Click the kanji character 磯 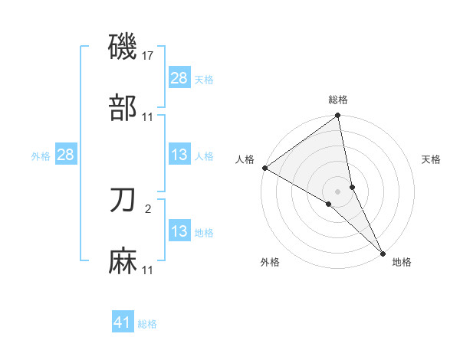coord(123,47)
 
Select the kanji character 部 coord(123,108)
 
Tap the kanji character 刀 coord(123,201)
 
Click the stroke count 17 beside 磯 coord(149,56)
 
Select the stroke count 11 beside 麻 coord(148,270)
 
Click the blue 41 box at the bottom coord(123,323)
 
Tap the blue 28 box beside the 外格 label coord(65,155)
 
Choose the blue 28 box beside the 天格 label coord(179,78)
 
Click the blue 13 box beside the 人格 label coord(179,155)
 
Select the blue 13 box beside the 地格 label coord(179,231)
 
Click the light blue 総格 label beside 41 coord(147,324)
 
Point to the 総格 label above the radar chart coord(338,100)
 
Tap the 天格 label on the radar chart coord(432,159)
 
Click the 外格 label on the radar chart coord(270,262)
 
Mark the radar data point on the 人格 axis coord(264,168)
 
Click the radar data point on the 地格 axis coord(383,254)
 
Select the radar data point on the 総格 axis coord(338,116)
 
